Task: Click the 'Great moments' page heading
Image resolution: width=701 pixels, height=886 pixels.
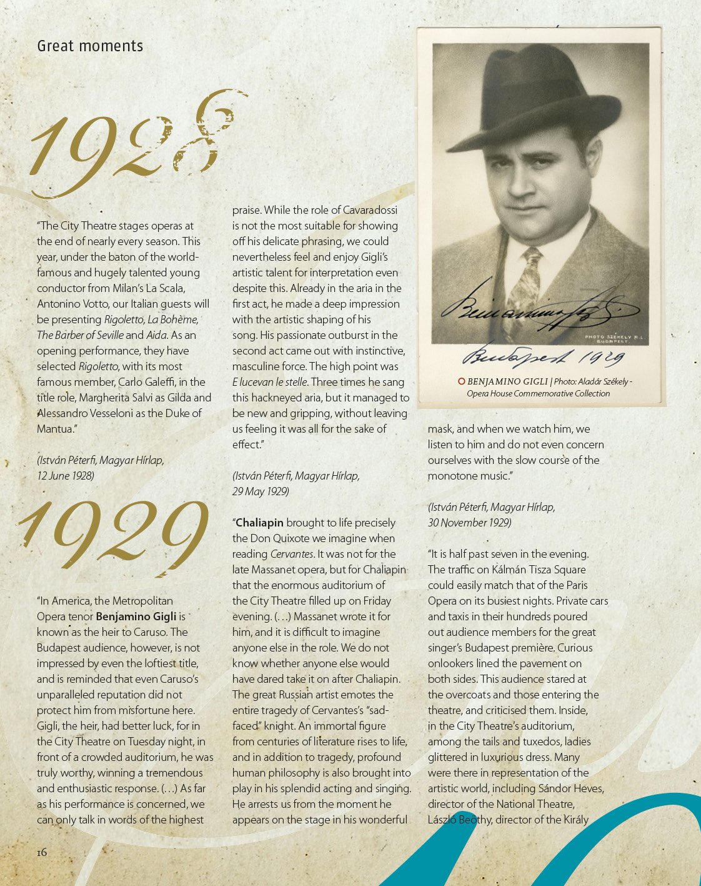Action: pyautogui.click(x=90, y=46)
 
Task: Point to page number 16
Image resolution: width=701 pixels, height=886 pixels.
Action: pyautogui.click(x=41, y=852)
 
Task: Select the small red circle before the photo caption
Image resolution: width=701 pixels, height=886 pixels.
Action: pyautogui.click(x=461, y=381)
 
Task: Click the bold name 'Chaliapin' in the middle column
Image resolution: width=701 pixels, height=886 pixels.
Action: pyautogui.click(x=259, y=523)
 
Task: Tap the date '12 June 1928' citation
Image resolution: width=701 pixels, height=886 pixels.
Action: pyautogui.click(x=66, y=476)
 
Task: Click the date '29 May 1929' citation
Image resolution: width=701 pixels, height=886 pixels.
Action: pyautogui.click(x=261, y=491)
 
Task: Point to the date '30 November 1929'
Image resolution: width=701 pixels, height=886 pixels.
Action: pyautogui.click(x=469, y=523)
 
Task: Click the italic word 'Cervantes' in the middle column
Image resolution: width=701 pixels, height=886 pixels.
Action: pyautogui.click(x=292, y=554)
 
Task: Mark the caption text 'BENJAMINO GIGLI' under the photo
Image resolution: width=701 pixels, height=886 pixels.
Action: pyautogui.click(x=507, y=381)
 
